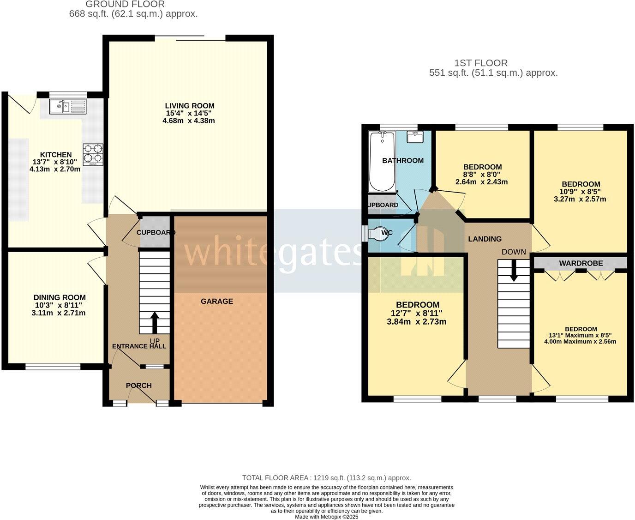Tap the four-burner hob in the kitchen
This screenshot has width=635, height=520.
(x=93, y=155)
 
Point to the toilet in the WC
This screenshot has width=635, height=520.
(x=380, y=233)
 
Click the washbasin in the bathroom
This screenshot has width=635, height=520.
(x=415, y=137)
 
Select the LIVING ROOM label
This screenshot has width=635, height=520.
(x=190, y=106)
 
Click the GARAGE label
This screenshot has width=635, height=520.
(x=216, y=302)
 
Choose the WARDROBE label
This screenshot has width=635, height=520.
(x=581, y=263)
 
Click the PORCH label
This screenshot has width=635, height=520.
(x=138, y=386)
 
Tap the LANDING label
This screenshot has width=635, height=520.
(x=485, y=239)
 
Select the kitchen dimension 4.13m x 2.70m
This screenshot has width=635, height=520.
(x=55, y=169)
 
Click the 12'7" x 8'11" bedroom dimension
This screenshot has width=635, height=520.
(x=416, y=313)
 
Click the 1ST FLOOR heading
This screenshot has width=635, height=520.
(x=481, y=63)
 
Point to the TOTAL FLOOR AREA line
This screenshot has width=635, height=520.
(x=326, y=478)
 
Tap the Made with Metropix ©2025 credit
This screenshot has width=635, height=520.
(x=326, y=517)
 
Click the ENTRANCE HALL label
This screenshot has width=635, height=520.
(x=139, y=346)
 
